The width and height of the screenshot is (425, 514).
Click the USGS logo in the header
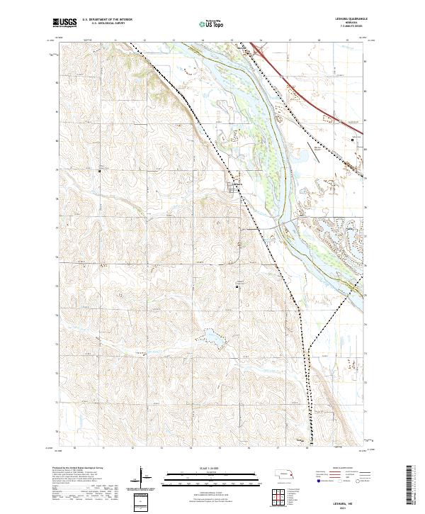65,23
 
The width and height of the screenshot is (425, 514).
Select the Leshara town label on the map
236,186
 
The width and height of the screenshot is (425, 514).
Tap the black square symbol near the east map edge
354,140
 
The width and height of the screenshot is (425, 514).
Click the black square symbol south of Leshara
237,286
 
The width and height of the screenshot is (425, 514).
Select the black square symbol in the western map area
99,171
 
